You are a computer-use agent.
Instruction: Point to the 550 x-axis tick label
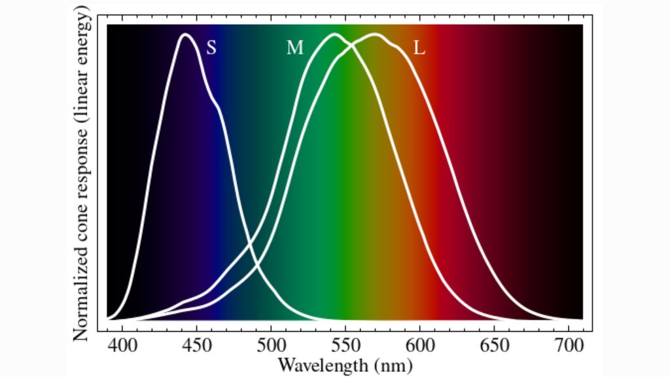click(x=344, y=344)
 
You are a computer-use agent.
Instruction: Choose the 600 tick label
click(x=418, y=344)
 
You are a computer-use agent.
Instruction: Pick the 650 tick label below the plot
click(x=492, y=344)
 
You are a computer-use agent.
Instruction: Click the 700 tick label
click(x=566, y=344)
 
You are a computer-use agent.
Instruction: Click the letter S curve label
click(x=211, y=47)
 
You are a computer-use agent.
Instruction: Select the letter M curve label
click(x=294, y=48)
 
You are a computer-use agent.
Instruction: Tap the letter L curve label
click(x=419, y=48)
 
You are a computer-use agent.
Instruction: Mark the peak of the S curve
click(x=185, y=34)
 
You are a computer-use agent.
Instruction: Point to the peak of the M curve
click(x=335, y=34)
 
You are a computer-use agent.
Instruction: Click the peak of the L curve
click(x=374, y=34)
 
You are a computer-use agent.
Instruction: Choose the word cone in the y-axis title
click(x=81, y=231)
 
